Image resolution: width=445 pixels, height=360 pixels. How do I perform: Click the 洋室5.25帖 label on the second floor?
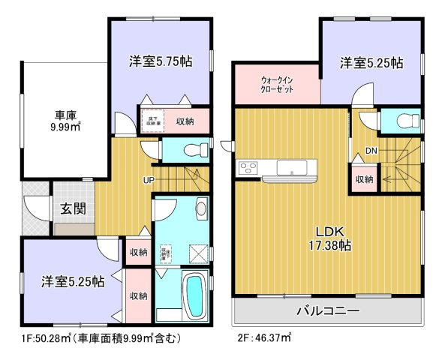tap(371, 62)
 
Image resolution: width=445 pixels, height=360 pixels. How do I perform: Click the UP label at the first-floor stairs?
tap(149, 180)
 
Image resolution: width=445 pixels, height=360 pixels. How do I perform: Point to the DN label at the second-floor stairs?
tap(370, 151)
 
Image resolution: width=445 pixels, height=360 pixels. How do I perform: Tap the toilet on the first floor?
tap(193, 149)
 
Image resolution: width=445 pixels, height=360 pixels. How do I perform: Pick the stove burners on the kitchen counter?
tap(248, 166)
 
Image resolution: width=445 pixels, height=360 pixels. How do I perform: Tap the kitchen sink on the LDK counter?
tap(290, 166)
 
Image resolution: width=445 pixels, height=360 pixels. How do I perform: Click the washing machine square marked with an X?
tap(197, 253)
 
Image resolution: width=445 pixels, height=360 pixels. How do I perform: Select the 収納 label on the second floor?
tap(365, 179)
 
